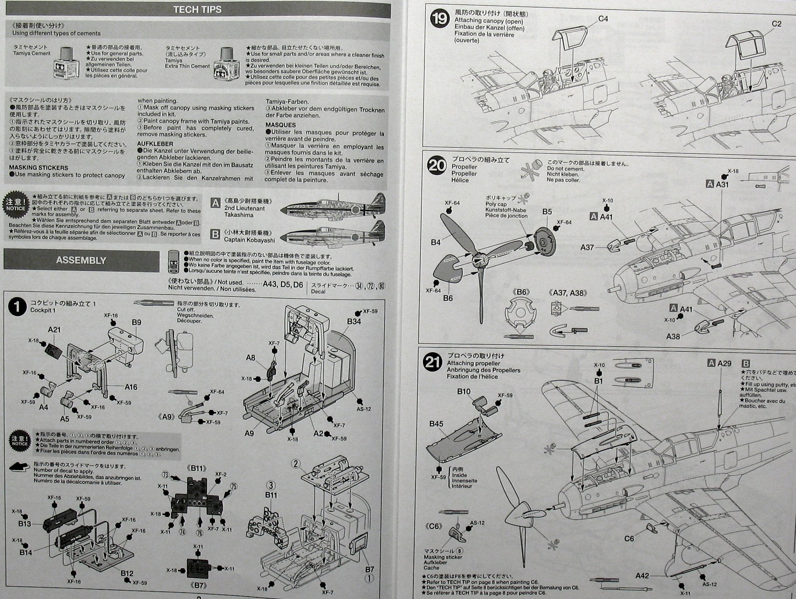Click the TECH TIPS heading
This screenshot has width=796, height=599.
tap(197, 10)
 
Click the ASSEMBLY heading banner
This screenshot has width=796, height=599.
tap(81, 260)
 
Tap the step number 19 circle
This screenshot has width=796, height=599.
tap(439, 19)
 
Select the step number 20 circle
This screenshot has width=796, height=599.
tap(437, 165)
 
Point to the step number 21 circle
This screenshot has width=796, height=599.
tap(433, 362)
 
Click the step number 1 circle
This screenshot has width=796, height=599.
tap(17, 308)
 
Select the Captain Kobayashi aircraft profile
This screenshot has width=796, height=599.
tap(332, 234)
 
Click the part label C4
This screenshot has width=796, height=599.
tap(603, 19)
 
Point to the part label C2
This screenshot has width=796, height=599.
tap(776, 24)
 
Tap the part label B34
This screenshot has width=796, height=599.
tap(354, 321)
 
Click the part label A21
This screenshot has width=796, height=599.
tap(54, 330)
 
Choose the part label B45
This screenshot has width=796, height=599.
tap(436, 424)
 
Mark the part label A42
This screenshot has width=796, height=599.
tap(642, 576)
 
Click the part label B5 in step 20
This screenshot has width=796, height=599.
tap(547, 212)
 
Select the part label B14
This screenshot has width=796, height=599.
tap(26, 553)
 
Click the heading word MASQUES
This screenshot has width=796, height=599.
tap(280, 125)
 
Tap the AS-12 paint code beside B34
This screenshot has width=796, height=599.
tap(363, 409)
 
